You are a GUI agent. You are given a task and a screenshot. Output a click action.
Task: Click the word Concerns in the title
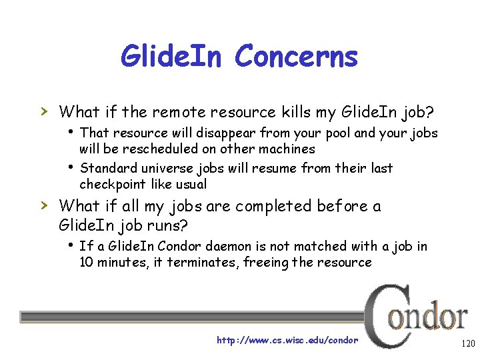coord(296,57)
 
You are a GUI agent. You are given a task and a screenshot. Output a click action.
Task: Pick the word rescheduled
coord(152,149)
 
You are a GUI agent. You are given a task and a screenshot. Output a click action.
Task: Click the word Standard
coord(107,168)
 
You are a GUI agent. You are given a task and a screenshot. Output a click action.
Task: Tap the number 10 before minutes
coord(87,262)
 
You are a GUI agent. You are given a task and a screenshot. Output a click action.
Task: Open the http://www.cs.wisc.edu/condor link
coord(287,340)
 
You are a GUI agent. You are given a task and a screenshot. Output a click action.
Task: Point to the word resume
coord(284,168)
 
